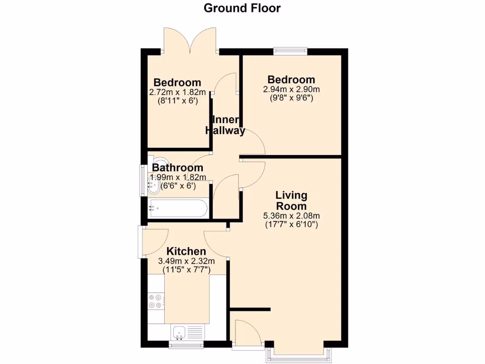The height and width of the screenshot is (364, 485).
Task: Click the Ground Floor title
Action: click(x=242, y=8)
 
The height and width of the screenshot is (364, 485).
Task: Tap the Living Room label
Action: click(x=291, y=200)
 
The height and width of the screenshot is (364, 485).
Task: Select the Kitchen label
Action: click(x=186, y=251)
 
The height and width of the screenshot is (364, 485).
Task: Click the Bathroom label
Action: click(x=178, y=168)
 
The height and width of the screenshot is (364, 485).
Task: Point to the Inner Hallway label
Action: click(x=225, y=126)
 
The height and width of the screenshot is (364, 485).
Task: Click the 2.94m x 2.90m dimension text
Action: click(x=291, y=89)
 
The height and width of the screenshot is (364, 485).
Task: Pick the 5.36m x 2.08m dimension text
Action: click(x=291, y=216)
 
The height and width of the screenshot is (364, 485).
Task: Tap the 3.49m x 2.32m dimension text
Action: click(x=186, y=261)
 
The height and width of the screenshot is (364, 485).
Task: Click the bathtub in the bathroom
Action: click(x=178, y=208)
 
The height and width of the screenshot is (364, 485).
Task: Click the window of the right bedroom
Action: click(x=290, y=50)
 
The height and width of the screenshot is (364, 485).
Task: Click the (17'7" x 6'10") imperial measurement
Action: click(x=291, y=224)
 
